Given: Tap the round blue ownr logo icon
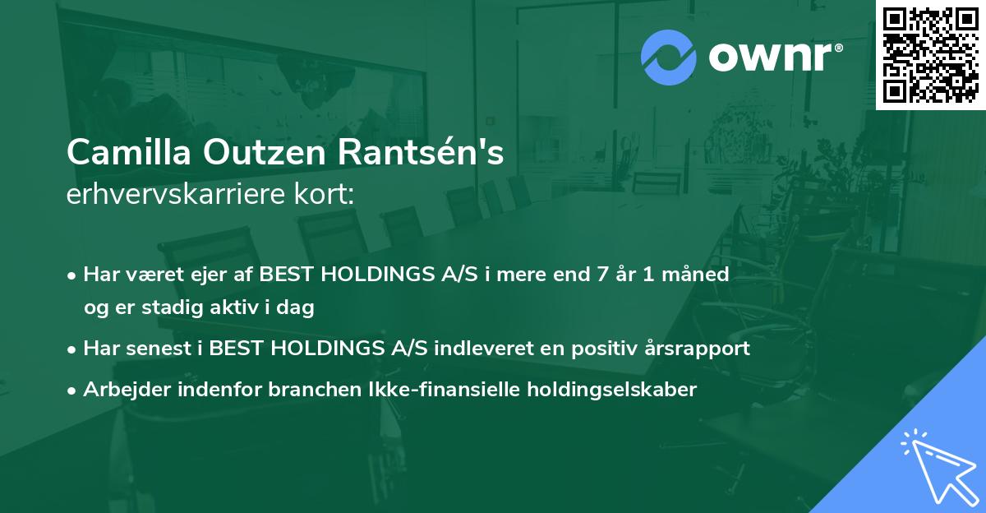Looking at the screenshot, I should tap(668, 57).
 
